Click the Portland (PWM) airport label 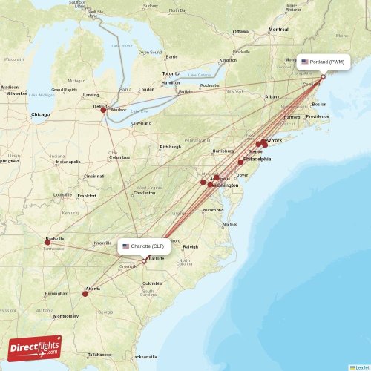tap(323, 62)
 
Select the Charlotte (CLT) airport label tap(145, 246)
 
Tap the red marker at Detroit tap(103, 110)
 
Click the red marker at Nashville tap(47, 242)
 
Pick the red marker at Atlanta tap(85, 294)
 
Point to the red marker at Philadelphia tap(240, 162)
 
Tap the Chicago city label tap(41, 115)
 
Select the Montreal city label tap(278, 30)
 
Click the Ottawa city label tap(240, 32)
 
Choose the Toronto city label tap(171, 74)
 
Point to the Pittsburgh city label tap(170, 147)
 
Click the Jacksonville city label tap(146, 357)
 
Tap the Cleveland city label tap(141, 123)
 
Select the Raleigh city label tap(191, 247)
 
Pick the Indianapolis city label tap(68, 162)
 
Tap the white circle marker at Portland tap(323, 76)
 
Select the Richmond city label tap(213, 210)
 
